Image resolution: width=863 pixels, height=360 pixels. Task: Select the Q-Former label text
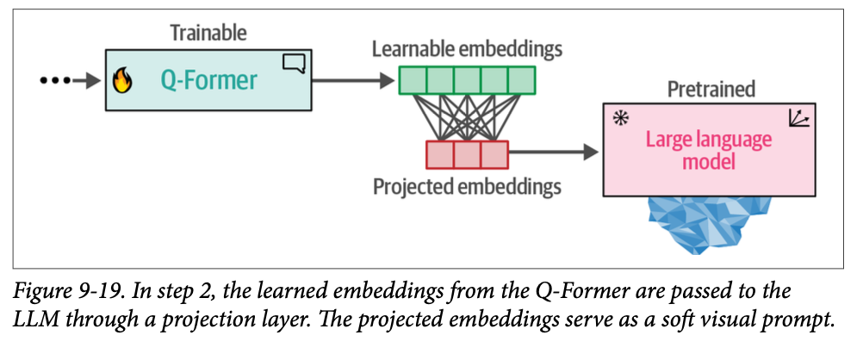pos(208,80)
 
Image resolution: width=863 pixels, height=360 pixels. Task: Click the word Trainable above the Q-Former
pos(208,34)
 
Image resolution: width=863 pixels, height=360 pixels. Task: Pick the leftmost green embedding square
pos(413,80)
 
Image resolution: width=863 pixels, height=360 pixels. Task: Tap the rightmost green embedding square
pos(521,80)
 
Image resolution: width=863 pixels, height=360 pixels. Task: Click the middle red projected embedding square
pos(468,154)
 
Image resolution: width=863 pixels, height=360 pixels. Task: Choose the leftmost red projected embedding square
pos(440,154)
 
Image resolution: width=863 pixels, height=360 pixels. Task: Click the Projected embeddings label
pos(467,185)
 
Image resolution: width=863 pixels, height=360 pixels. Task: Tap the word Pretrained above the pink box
pos(711,88)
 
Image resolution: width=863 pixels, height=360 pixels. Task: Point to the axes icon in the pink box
pos(798,119)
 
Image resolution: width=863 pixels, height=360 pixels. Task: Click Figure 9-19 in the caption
pos(61,287)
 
